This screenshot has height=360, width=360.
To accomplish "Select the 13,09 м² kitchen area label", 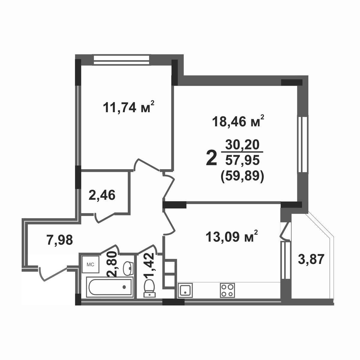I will (x=232, y=237).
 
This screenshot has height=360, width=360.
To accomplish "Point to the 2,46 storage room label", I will (x=102, y=195).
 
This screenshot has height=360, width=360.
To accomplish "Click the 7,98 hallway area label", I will (x=60, y=240).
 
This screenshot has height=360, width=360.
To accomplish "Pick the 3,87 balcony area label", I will (x=311, y=259).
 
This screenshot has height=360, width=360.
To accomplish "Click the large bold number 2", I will (x=211, y=158).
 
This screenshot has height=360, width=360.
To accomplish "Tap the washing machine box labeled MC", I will (x=91, y=265).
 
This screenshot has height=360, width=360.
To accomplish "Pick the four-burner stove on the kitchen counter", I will (x=227, y=290).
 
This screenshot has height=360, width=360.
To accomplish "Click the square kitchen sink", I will (x=186, y=290).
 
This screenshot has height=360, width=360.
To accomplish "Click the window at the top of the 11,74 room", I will (x=121, y=59).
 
